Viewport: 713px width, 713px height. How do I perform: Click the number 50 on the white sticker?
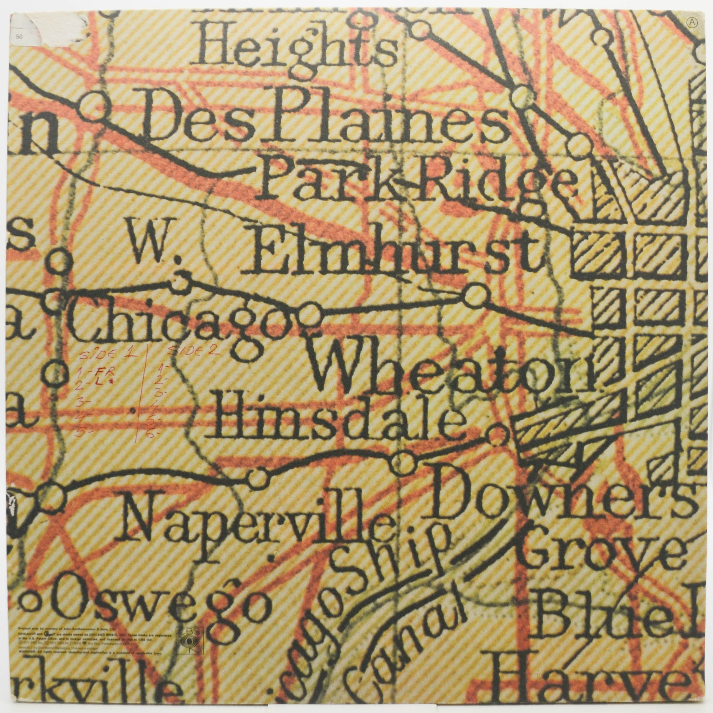(x=14, y=36)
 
